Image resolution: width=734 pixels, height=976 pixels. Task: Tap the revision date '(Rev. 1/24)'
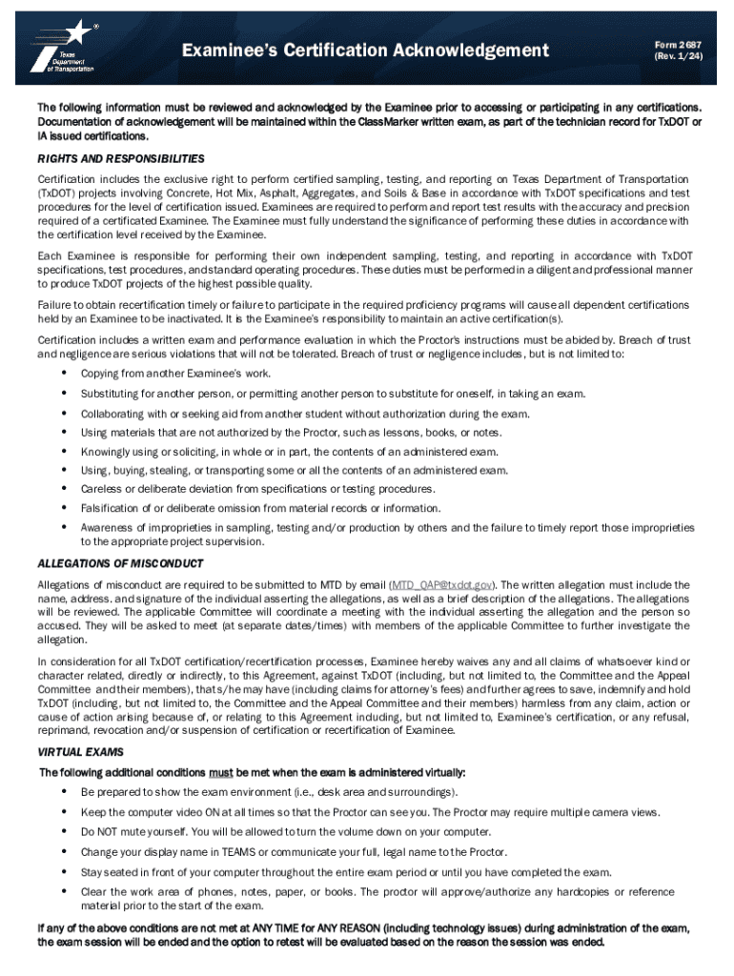click(672, 57)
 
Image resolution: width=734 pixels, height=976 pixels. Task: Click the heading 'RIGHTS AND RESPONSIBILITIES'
click(120, 158)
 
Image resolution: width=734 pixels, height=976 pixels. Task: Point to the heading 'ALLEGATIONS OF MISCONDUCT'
click(120, 563)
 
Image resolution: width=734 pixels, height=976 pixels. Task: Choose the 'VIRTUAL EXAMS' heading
click(80, 752)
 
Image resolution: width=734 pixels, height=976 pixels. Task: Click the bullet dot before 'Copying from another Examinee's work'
click(64, 373)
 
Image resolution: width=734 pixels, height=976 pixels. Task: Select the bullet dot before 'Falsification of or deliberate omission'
click(64, 507)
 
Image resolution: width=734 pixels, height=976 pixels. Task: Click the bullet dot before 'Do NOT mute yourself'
click(64, 831)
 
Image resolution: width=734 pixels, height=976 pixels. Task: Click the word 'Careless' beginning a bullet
click(100, 489)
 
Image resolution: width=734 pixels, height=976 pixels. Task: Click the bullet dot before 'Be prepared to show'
click(64, 791)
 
